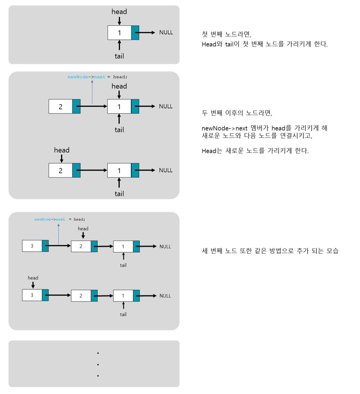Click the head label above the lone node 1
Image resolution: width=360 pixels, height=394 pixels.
(x=119, y=12)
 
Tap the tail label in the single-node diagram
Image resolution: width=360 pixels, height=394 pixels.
(x=119, y=56)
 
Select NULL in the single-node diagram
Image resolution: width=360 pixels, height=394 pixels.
(x=166, y=32)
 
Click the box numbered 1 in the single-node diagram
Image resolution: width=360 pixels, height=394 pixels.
(x=119, y=33)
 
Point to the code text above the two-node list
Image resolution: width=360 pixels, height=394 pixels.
(x=97, y=77)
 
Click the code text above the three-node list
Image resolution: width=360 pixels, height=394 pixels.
(x=60, y=219)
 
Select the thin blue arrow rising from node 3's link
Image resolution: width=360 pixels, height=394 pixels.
(x=59, y=234)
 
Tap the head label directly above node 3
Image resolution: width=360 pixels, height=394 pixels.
(x=33, y=278)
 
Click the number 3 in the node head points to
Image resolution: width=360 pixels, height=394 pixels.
(x=32, y=295)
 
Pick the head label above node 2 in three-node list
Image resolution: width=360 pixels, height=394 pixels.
(x=83, y=229)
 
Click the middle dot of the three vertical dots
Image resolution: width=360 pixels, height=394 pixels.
(x=98, y=365)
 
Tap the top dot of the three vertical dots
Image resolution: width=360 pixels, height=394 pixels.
(x=98, y=353)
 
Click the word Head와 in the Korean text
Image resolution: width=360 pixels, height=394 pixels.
(x=212, y=44)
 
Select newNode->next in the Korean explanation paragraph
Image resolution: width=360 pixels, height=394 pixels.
(x=224, y=128)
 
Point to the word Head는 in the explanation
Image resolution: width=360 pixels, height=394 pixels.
(x=212, y=151)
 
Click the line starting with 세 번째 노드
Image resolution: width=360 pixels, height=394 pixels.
(x=270, y=251)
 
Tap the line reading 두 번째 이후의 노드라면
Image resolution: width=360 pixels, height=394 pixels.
(x=237, y=113)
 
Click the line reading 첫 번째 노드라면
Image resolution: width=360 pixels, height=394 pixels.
(x=226, y=34)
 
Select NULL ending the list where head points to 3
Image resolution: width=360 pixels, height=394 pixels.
(x=165, y=296)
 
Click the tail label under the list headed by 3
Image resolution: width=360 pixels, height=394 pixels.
(x=123, y=314)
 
